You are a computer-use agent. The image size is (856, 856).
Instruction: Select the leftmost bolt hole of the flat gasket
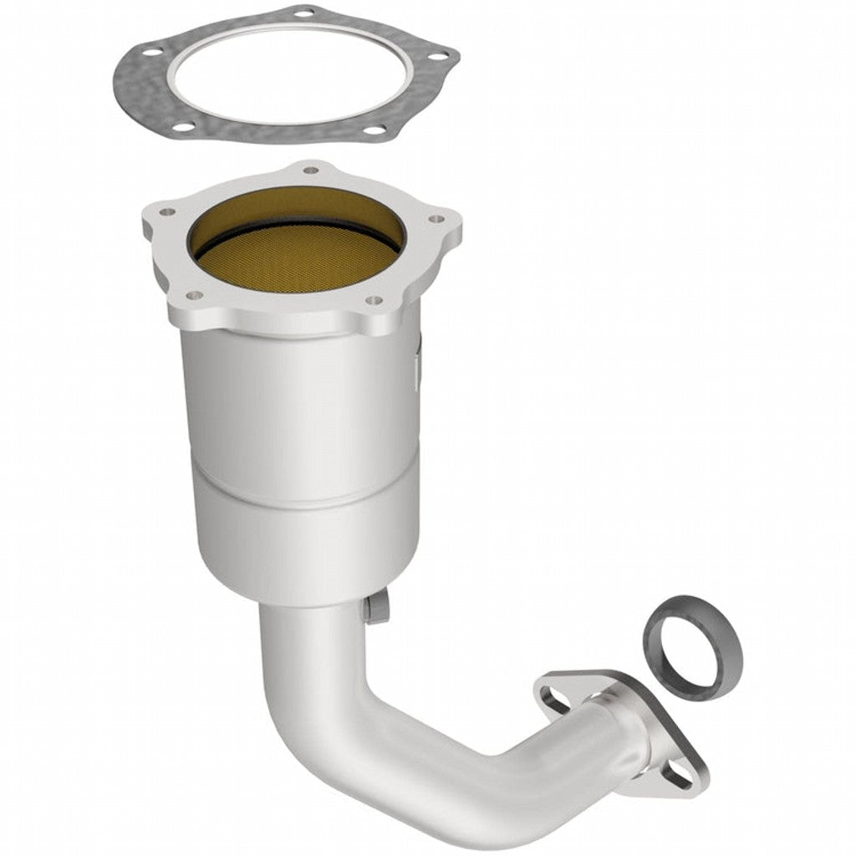[151, 52]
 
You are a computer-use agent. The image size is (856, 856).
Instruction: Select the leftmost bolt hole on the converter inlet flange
[166, 212]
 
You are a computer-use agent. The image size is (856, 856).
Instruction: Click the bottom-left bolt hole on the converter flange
[194, 295]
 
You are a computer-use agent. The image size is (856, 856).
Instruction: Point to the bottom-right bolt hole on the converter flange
[374, 299]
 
